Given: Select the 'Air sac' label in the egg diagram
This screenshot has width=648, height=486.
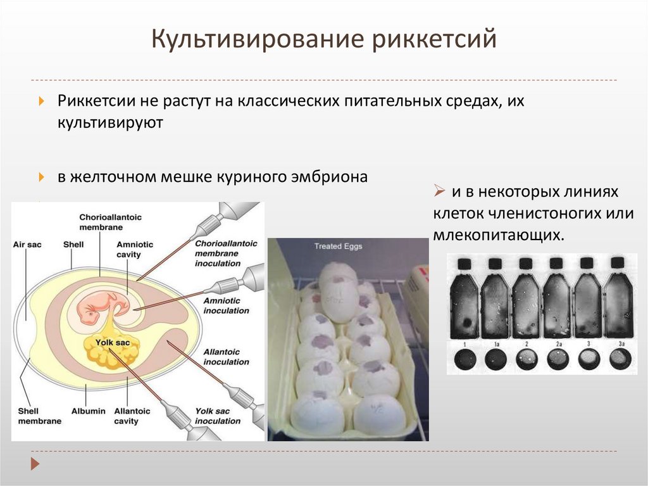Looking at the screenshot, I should point(27,244).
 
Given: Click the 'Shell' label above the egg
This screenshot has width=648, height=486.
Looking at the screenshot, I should point(73,244).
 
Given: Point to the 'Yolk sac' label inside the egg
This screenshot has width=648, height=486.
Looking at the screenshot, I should point(108,343).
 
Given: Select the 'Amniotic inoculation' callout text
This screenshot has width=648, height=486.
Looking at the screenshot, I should point(226,306).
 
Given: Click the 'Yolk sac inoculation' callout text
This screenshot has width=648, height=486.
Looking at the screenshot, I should point(218,416).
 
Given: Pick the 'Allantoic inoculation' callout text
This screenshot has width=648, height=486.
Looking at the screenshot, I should point(226,357).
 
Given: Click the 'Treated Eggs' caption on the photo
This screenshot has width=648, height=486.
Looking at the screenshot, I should point(338,246).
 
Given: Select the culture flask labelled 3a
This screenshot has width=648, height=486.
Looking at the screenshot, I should point(618,298).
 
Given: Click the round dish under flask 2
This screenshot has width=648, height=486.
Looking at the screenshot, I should point(526,359).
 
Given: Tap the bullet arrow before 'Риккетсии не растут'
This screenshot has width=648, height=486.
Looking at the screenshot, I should point(41,101).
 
